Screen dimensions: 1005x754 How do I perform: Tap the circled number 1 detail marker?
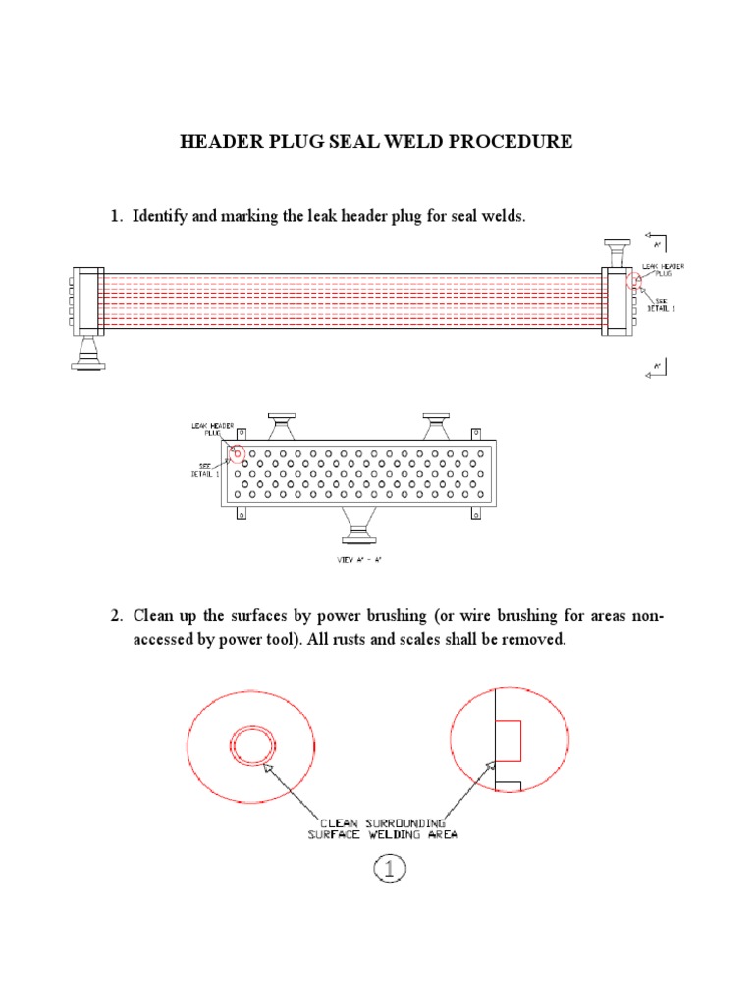389,869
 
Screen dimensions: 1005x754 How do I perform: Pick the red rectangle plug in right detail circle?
509,740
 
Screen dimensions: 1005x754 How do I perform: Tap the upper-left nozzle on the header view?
284,425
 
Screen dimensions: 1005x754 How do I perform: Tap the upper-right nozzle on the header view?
437,425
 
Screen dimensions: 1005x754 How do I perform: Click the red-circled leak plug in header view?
236,453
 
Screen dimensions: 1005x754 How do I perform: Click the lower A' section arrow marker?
655,366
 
